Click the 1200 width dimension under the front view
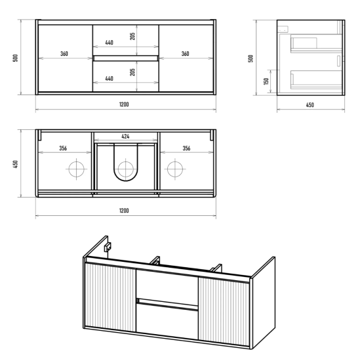pyautogui.click(x=124, y=104)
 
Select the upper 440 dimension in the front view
pyautogui.click(x=110, y=43)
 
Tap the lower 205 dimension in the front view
pyautogui.click(x=132, y=72)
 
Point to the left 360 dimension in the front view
pyautogui.click(x=64, y=54)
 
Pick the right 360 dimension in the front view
pyautogui.click(x=186, y=54)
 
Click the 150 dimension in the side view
pyautogui.click(x=266, y=81)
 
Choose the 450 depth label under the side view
pyautogui.click(x=310, y=105)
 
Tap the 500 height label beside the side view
pyautogui.click(x=251, y=58)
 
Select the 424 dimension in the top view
pyautogui.click(x=125, y=137)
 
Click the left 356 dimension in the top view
pyautogui.click(x=63, y=148)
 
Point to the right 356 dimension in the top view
pyautogui.click(x=186, y=148)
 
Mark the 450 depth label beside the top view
pyautogui.click(x=16, y=164)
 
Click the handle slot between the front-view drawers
pyautogui.click(x=126, y=58)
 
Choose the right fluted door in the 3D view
pyautogui.click(x=224, y=312)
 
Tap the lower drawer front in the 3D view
pyautogui.click(x=167, y=322)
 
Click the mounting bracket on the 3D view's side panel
pyautogui.click(x=108, y=247)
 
